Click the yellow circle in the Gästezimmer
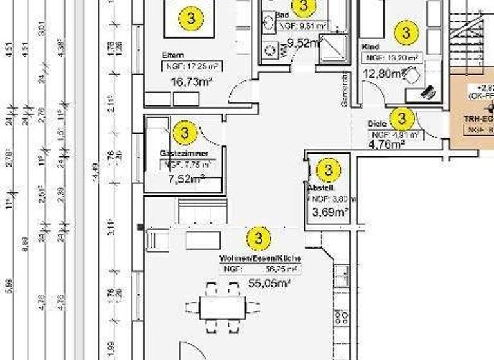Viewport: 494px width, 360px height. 185,133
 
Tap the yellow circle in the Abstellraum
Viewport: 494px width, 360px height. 328,170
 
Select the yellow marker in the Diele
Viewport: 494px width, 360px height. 402,118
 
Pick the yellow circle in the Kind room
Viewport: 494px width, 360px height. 406,32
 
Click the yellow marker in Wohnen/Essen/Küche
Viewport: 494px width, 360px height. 259,238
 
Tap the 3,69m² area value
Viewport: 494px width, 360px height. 330,211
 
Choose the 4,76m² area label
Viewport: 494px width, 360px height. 386,145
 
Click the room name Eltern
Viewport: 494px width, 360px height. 174,56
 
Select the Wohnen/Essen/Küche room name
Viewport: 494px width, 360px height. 260,258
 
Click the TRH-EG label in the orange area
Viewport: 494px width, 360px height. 479,119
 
